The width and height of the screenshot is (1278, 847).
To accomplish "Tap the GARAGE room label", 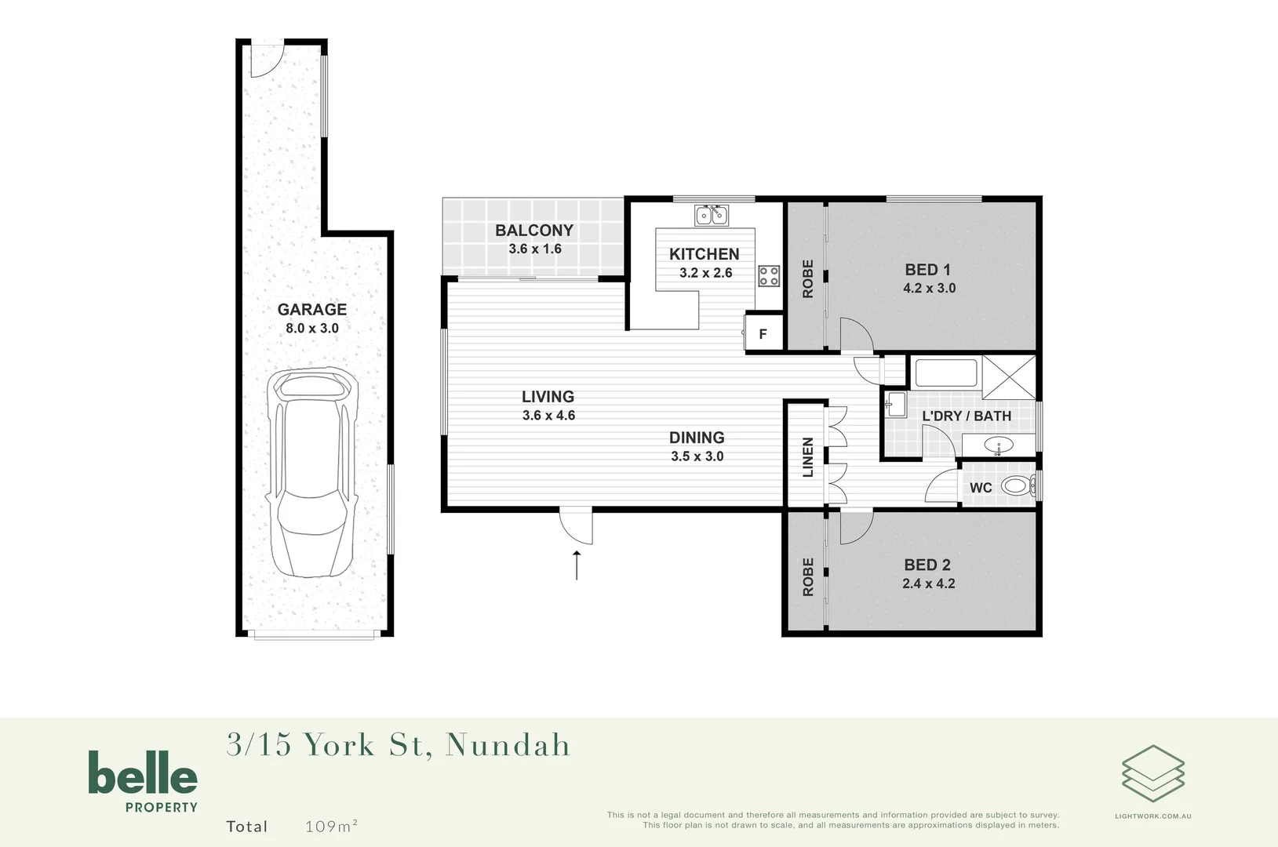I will [x=312, y=310].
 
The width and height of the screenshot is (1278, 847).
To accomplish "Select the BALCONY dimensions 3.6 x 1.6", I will [x=535, y=249].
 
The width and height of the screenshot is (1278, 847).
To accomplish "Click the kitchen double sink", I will [x=712, y=214].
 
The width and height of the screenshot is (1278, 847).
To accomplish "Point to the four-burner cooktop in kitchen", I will [x=769, y=275].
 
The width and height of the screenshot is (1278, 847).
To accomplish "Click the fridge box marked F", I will [x=763, y=334].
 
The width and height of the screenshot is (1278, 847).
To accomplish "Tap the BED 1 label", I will [x=928, y=270].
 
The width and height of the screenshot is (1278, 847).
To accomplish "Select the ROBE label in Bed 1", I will [x=807, y=279].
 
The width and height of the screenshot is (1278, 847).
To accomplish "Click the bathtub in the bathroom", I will [x=946, y=373].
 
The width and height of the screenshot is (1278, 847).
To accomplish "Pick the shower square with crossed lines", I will [x=1009, y=377].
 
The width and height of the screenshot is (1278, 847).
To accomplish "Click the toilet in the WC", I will [x=1018, y=486].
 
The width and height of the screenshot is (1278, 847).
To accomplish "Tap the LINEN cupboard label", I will [x=807, y=457].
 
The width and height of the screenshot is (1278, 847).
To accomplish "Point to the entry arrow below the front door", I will [x=577, y=565].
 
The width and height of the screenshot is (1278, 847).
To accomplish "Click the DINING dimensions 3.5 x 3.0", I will [x=697, y=456].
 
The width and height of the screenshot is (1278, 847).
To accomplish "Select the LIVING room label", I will [x=548, y=397].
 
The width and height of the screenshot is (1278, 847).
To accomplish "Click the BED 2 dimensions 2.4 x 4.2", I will [x=929, y=583].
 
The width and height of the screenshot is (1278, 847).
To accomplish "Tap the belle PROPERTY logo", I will [x=143, y=780].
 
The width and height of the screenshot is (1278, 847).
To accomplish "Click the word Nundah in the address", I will [x=508, y=745].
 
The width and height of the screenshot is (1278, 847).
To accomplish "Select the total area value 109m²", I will [x=331, y=826].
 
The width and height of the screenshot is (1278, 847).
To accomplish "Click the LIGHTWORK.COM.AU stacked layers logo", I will [x=1152, y=773].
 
